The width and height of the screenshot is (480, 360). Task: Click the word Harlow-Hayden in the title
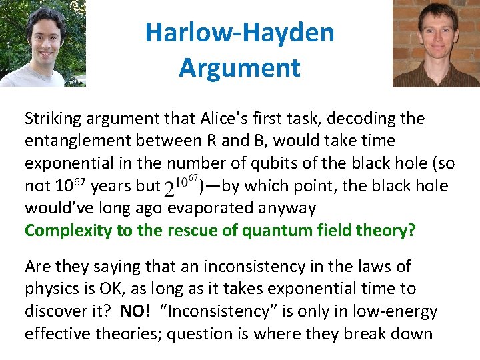point(239,32)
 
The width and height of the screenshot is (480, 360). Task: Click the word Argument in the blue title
point(239,67)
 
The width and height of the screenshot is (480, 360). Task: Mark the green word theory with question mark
point(388,231)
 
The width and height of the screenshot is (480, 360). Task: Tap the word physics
point(53,289)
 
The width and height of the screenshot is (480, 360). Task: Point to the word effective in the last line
point(58,333)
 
